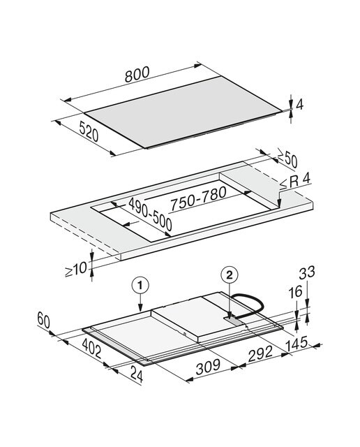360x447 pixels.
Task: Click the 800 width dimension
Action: [x=137, y=74]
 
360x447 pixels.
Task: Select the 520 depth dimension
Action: [x=89, y=131]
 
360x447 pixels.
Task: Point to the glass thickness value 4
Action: [x=299, y=105]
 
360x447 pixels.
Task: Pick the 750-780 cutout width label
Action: [x=198, y=198]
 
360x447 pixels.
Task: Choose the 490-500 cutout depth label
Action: [x=151, y=214]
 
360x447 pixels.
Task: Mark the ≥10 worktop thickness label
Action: [x=76, y=269]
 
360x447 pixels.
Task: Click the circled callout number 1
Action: [x=140, y=286]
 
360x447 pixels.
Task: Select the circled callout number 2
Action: [x=230, y=274]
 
